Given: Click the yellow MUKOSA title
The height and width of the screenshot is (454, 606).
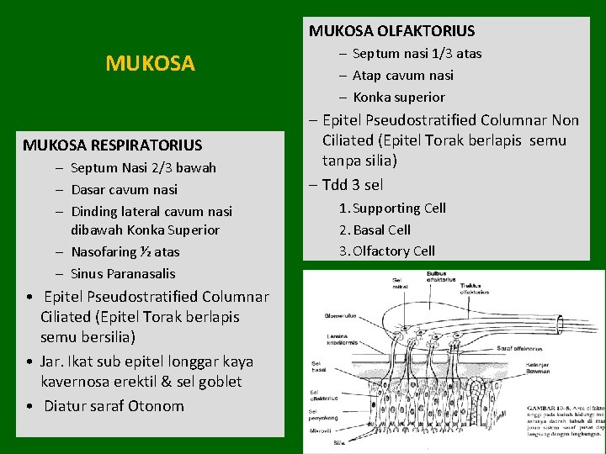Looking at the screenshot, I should (x=150, y=63).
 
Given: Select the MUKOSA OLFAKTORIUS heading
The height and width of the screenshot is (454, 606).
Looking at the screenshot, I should (x=391, y=31).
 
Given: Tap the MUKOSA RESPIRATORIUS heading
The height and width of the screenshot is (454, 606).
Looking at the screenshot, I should (x=113, y=145).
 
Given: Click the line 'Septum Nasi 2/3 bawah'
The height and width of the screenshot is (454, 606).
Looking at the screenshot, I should (x=143, y=167).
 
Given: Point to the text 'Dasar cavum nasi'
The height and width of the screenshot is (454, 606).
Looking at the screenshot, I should (x=124, y=189).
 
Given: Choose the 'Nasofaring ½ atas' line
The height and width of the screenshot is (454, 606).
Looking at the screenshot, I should (x=125, y=251).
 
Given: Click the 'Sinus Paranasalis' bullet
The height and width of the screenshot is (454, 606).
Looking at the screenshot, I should (x=123, y=273).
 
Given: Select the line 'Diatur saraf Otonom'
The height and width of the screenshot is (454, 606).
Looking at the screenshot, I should (x=114, y=405).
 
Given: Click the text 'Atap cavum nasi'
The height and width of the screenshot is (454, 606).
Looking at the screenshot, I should (x=402, y=75).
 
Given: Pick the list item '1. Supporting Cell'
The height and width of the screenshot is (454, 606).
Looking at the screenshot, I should (x=392, y=208).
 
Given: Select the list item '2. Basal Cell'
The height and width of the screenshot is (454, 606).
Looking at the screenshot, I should (x=375, y=230).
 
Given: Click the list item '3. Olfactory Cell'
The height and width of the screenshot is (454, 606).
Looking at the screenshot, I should (x=387, y=251).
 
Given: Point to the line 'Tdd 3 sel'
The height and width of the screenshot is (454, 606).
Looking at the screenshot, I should (x=351, y=185).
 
